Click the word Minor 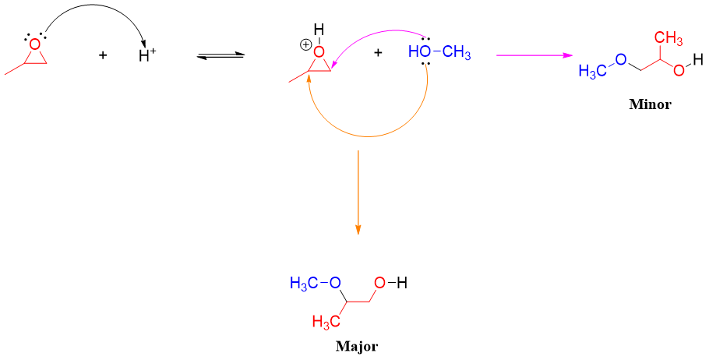pos(649,104)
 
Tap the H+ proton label pos(147,56)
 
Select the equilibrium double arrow pos(221,55)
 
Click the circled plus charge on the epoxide pos(305,44)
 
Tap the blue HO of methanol pos(419,53)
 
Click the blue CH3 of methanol pos(457,53)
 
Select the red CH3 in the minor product pos(668,38)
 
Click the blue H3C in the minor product pos(593,72)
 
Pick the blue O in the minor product pos(620,59)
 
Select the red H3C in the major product pos(325,321)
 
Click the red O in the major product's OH pos(379,284)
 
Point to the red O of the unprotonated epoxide pos(34,44)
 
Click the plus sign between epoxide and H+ pos(103,55)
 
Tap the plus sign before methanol pos(379,53)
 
